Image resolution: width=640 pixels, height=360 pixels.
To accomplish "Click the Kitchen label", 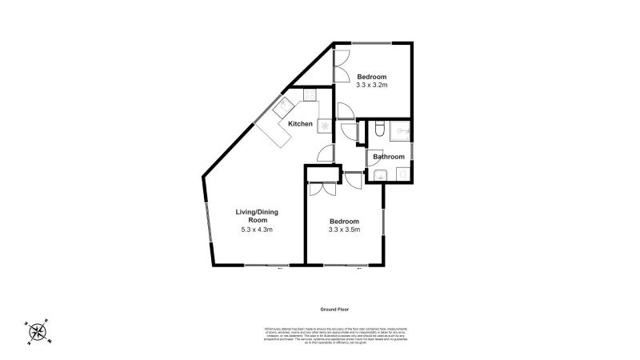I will click(300, 123).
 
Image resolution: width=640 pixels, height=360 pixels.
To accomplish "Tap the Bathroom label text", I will click(388, 157).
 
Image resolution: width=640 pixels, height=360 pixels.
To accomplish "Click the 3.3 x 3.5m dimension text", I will click(344, 230).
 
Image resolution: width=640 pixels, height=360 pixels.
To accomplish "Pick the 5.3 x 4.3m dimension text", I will click(257, 230).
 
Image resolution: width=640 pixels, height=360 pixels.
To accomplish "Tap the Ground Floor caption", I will click(330, 309).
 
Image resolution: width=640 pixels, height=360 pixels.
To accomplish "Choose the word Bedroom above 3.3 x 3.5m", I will click(344, 221).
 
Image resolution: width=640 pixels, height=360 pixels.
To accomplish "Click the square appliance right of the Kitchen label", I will click(323, 126).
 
